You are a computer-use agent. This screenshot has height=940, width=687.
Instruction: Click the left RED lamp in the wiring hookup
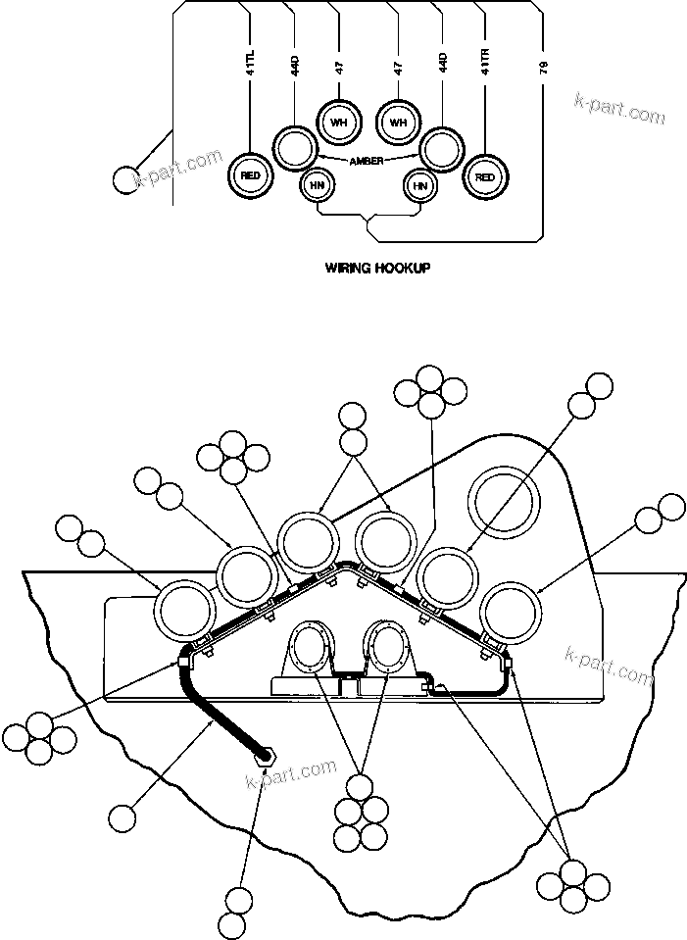tap(250, 175)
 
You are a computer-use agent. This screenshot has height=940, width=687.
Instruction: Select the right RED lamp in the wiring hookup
tap(483, 176)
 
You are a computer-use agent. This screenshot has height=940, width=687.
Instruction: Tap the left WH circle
tap(339, 123)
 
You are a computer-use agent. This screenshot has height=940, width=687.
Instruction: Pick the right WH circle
tap(398, 123)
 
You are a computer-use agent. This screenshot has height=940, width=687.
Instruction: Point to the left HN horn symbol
tap(317, 184)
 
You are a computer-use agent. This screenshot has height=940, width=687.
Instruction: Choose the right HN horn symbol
tap(419, 184)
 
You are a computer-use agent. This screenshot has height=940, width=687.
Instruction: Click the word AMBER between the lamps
tap(368, 160)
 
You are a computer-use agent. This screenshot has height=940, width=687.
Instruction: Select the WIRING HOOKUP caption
tap(377, 267)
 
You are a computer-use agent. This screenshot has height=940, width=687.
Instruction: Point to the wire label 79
tap(544, 69)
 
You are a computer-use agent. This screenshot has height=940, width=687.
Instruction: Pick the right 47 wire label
tap(398, 69)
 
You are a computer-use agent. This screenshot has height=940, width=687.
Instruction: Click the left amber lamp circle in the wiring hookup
tap(292, 148)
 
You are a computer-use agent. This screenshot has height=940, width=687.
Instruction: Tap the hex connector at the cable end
tap(263, 755)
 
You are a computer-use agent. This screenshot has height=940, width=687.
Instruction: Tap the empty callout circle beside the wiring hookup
tap(124, 179)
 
